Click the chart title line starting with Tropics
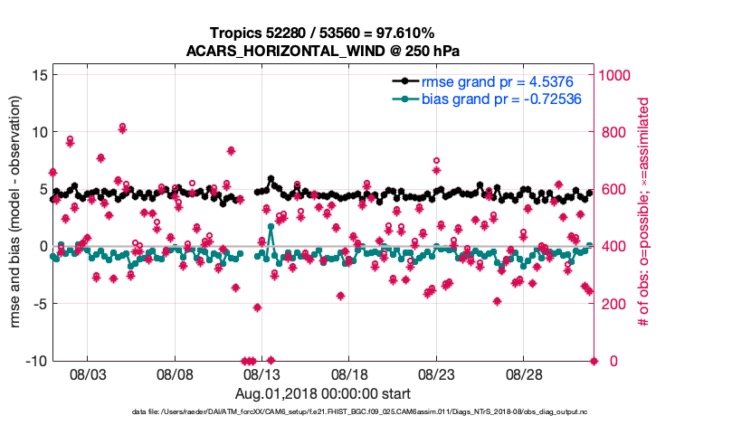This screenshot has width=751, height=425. tap(323, 33)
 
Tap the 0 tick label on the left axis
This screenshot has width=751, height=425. tap(41, 246)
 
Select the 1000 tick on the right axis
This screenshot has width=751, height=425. tap(619, 74)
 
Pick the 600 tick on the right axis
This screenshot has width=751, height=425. tap(615, 189)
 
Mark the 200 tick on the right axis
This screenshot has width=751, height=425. tap(615, 304)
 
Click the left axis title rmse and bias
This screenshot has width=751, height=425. tap(15, 212)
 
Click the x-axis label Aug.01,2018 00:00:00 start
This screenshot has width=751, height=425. tap(323, 394)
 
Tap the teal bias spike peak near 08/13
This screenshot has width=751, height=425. tap(271, 225)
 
